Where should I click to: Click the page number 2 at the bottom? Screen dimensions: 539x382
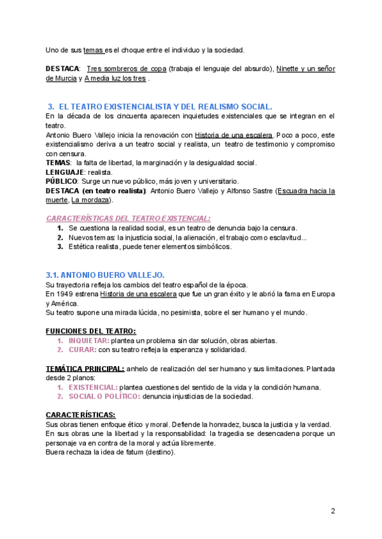pyautogui.click(x=333, y=511)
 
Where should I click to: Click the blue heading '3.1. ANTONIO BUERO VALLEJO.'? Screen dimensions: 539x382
pyautogui.click(x=105, y=275)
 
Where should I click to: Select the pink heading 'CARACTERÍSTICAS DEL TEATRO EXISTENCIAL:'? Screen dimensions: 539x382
pyautogui.click(x=128, y=218)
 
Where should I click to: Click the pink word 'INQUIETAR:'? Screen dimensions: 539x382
pyautogui.click(x=88, y=341)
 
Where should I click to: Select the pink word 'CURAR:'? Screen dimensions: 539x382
pyautogui.click(x=82, y=350)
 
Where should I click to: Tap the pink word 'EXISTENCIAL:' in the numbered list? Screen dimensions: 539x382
pyautogui.click(x=93, y=387)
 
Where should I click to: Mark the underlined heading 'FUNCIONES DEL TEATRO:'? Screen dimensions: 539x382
pyautogui.click(x=91, y=331)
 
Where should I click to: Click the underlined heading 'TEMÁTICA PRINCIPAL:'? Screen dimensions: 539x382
pyautogui.click(x=85, y=369)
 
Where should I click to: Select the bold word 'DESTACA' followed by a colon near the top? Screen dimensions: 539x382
pyautogui.click(x=62, y=68)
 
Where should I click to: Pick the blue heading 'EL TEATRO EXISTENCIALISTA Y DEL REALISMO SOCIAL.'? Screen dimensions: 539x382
pyautogui.click(x=165, y=106)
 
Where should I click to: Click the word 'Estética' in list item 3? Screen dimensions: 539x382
pyautogui.click(x=83, y=247)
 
